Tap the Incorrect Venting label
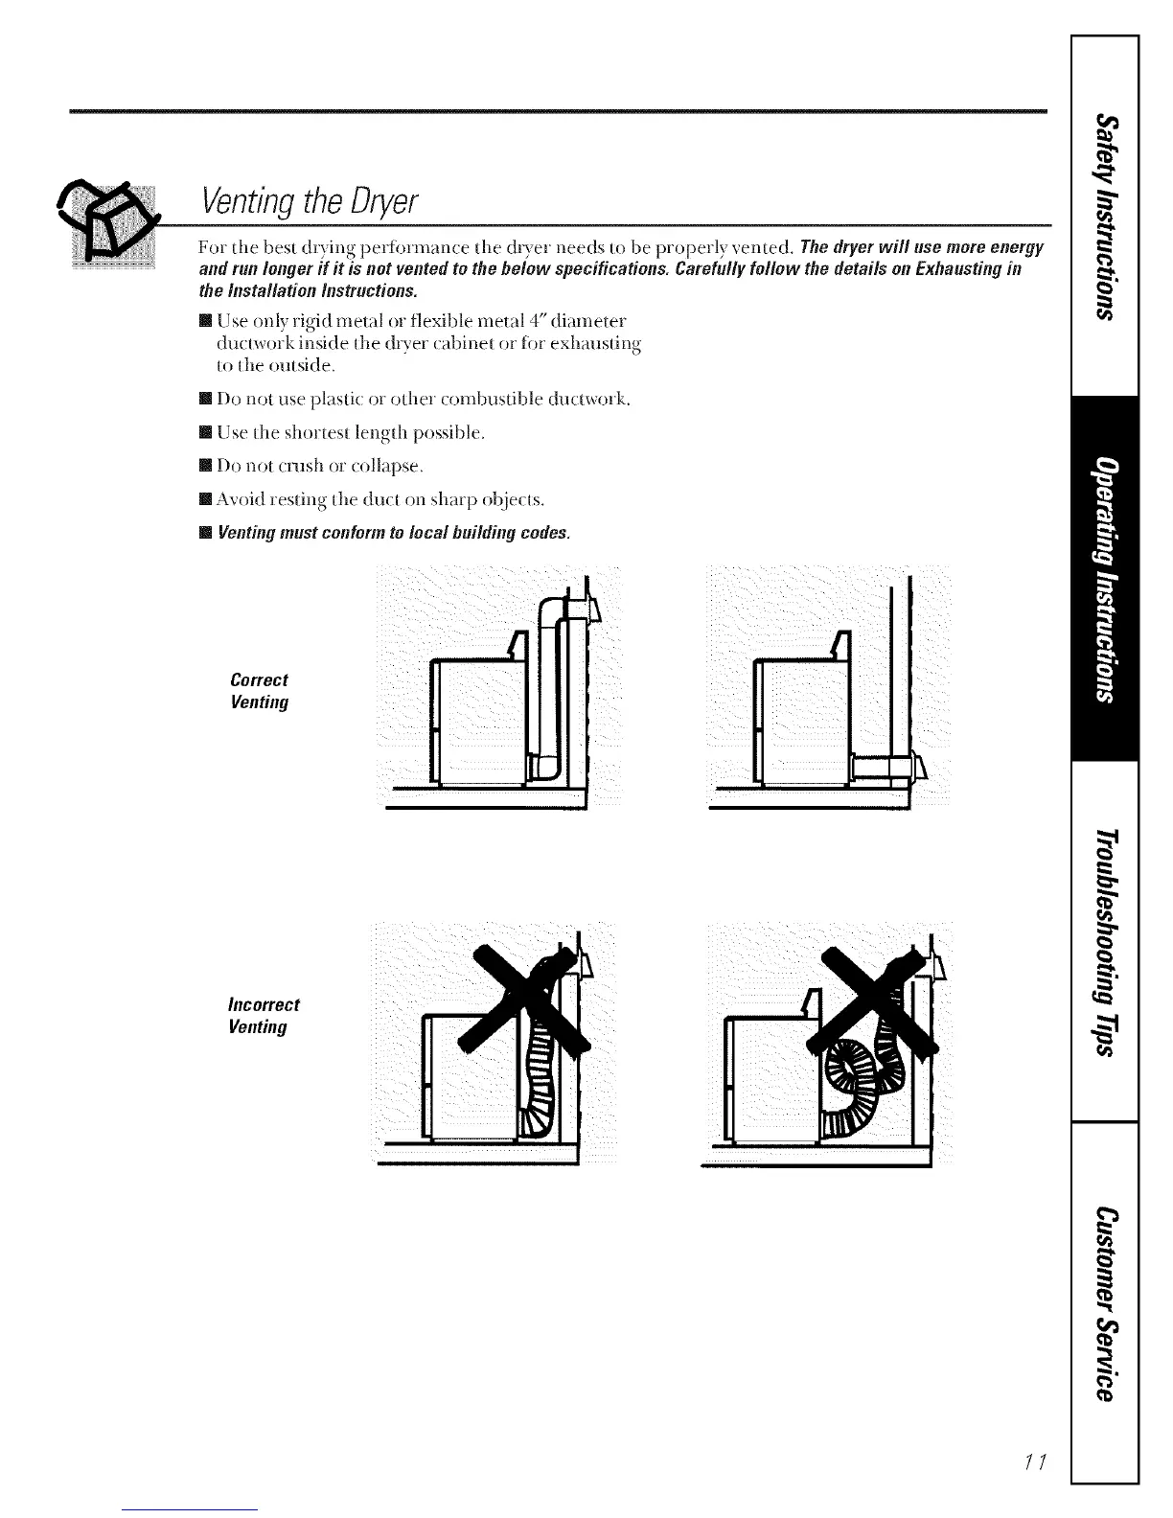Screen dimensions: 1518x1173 pos(264,1016)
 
